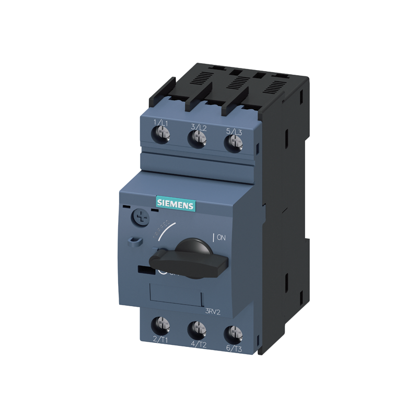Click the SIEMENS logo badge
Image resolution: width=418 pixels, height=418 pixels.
[176, 205]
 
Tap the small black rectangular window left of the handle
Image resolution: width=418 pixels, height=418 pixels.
[144, 270]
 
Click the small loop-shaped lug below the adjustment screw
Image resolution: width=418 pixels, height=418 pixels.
[134, 241]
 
